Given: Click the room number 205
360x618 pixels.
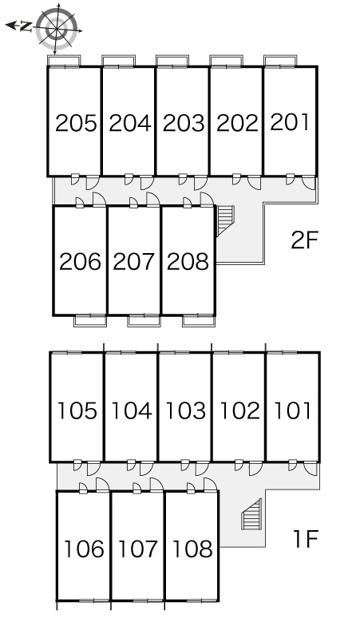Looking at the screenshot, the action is (76, 123).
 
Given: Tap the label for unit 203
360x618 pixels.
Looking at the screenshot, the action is (184, 123).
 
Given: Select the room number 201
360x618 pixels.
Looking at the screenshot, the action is (290, 122).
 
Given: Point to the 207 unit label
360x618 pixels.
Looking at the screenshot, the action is (133, 262).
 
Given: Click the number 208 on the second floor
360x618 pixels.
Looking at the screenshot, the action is (188, 262).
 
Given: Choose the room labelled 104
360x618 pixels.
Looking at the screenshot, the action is (132, 410).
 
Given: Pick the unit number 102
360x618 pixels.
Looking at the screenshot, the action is (239, 410).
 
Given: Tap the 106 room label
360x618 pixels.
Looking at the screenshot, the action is (84, 549).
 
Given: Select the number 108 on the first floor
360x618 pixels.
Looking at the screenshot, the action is (192, 549).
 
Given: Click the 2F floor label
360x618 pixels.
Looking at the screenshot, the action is (304, 240).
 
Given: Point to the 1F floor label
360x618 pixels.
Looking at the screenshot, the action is (305, 539).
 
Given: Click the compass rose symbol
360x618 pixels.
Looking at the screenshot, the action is (57, 29).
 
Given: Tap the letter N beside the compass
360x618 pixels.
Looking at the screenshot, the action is (26, 26).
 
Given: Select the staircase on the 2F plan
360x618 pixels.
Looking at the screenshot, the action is (226, 220).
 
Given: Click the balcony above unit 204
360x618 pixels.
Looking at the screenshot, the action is (119, 61).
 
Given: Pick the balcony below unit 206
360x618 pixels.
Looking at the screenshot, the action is (90, 320).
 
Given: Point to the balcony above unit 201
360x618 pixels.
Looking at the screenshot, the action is (280, 61).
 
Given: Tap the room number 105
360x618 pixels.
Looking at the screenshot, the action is (77, 410).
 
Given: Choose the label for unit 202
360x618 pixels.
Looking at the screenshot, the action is (238, 123).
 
